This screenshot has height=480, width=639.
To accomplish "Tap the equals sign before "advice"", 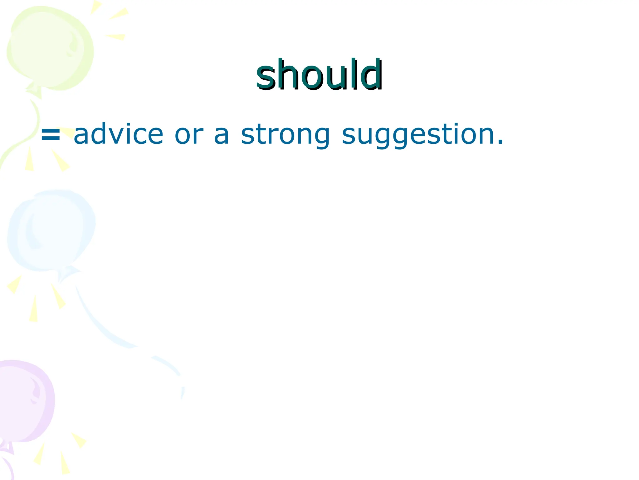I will [51, 135].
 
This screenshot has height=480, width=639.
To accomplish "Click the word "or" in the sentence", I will [189, 135].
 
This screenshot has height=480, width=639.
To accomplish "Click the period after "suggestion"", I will [500, 142].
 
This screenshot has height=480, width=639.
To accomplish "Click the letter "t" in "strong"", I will [258, 134].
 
